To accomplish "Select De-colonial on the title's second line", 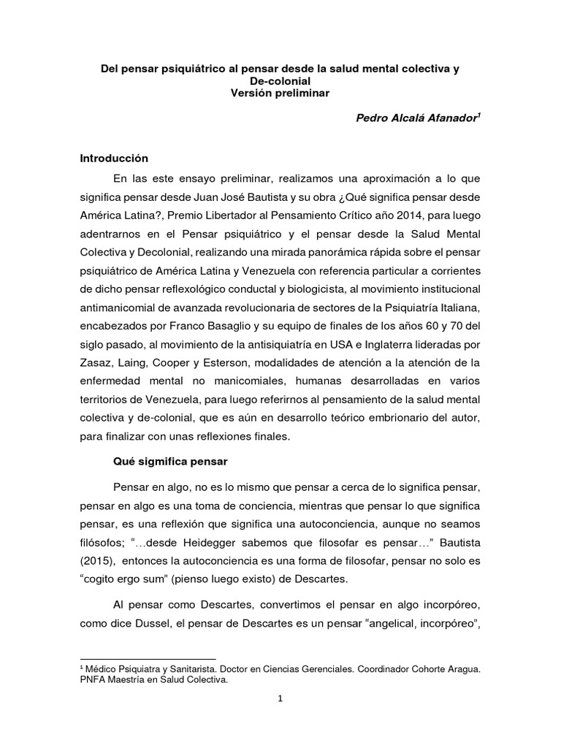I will pyautogui.click(x=280, y=81).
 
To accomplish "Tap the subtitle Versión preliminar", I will pyautogui.click(x=280, y=93).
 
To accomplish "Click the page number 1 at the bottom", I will pyautogui.click(x=280, y=698).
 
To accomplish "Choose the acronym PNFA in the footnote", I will pyautogui.click(x=93, y=680).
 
